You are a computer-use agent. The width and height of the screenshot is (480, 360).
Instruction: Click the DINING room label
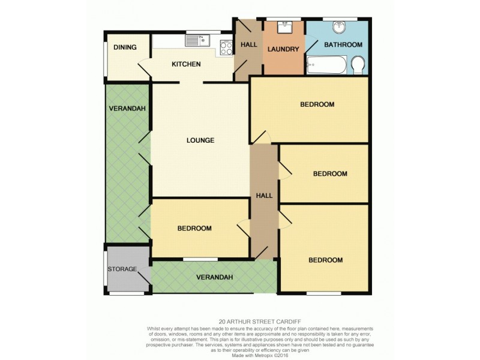coord(125,47)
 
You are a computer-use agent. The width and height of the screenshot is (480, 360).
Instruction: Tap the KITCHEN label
coord(186,65)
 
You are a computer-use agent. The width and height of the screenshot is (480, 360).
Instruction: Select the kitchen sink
coord(196,41)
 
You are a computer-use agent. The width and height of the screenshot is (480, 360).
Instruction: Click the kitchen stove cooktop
coord(226,47)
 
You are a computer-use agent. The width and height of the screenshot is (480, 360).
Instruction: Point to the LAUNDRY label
coord(283,49)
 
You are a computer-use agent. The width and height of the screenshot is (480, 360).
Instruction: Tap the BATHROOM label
coord(344,45)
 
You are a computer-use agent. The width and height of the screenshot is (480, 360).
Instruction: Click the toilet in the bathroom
coord(358,65)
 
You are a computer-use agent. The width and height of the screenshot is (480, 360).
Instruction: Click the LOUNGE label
coord(200,141)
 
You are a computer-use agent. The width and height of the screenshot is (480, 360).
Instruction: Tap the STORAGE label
coord(122,269)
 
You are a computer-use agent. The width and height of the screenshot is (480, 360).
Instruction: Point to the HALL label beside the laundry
coord(248,45)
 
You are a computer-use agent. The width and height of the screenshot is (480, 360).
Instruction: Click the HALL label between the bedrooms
coord(264,196)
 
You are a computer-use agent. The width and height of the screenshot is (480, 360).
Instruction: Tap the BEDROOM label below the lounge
coord(194,229)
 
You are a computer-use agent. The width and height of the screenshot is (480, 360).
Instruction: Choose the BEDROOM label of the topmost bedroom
coord(317,104)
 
